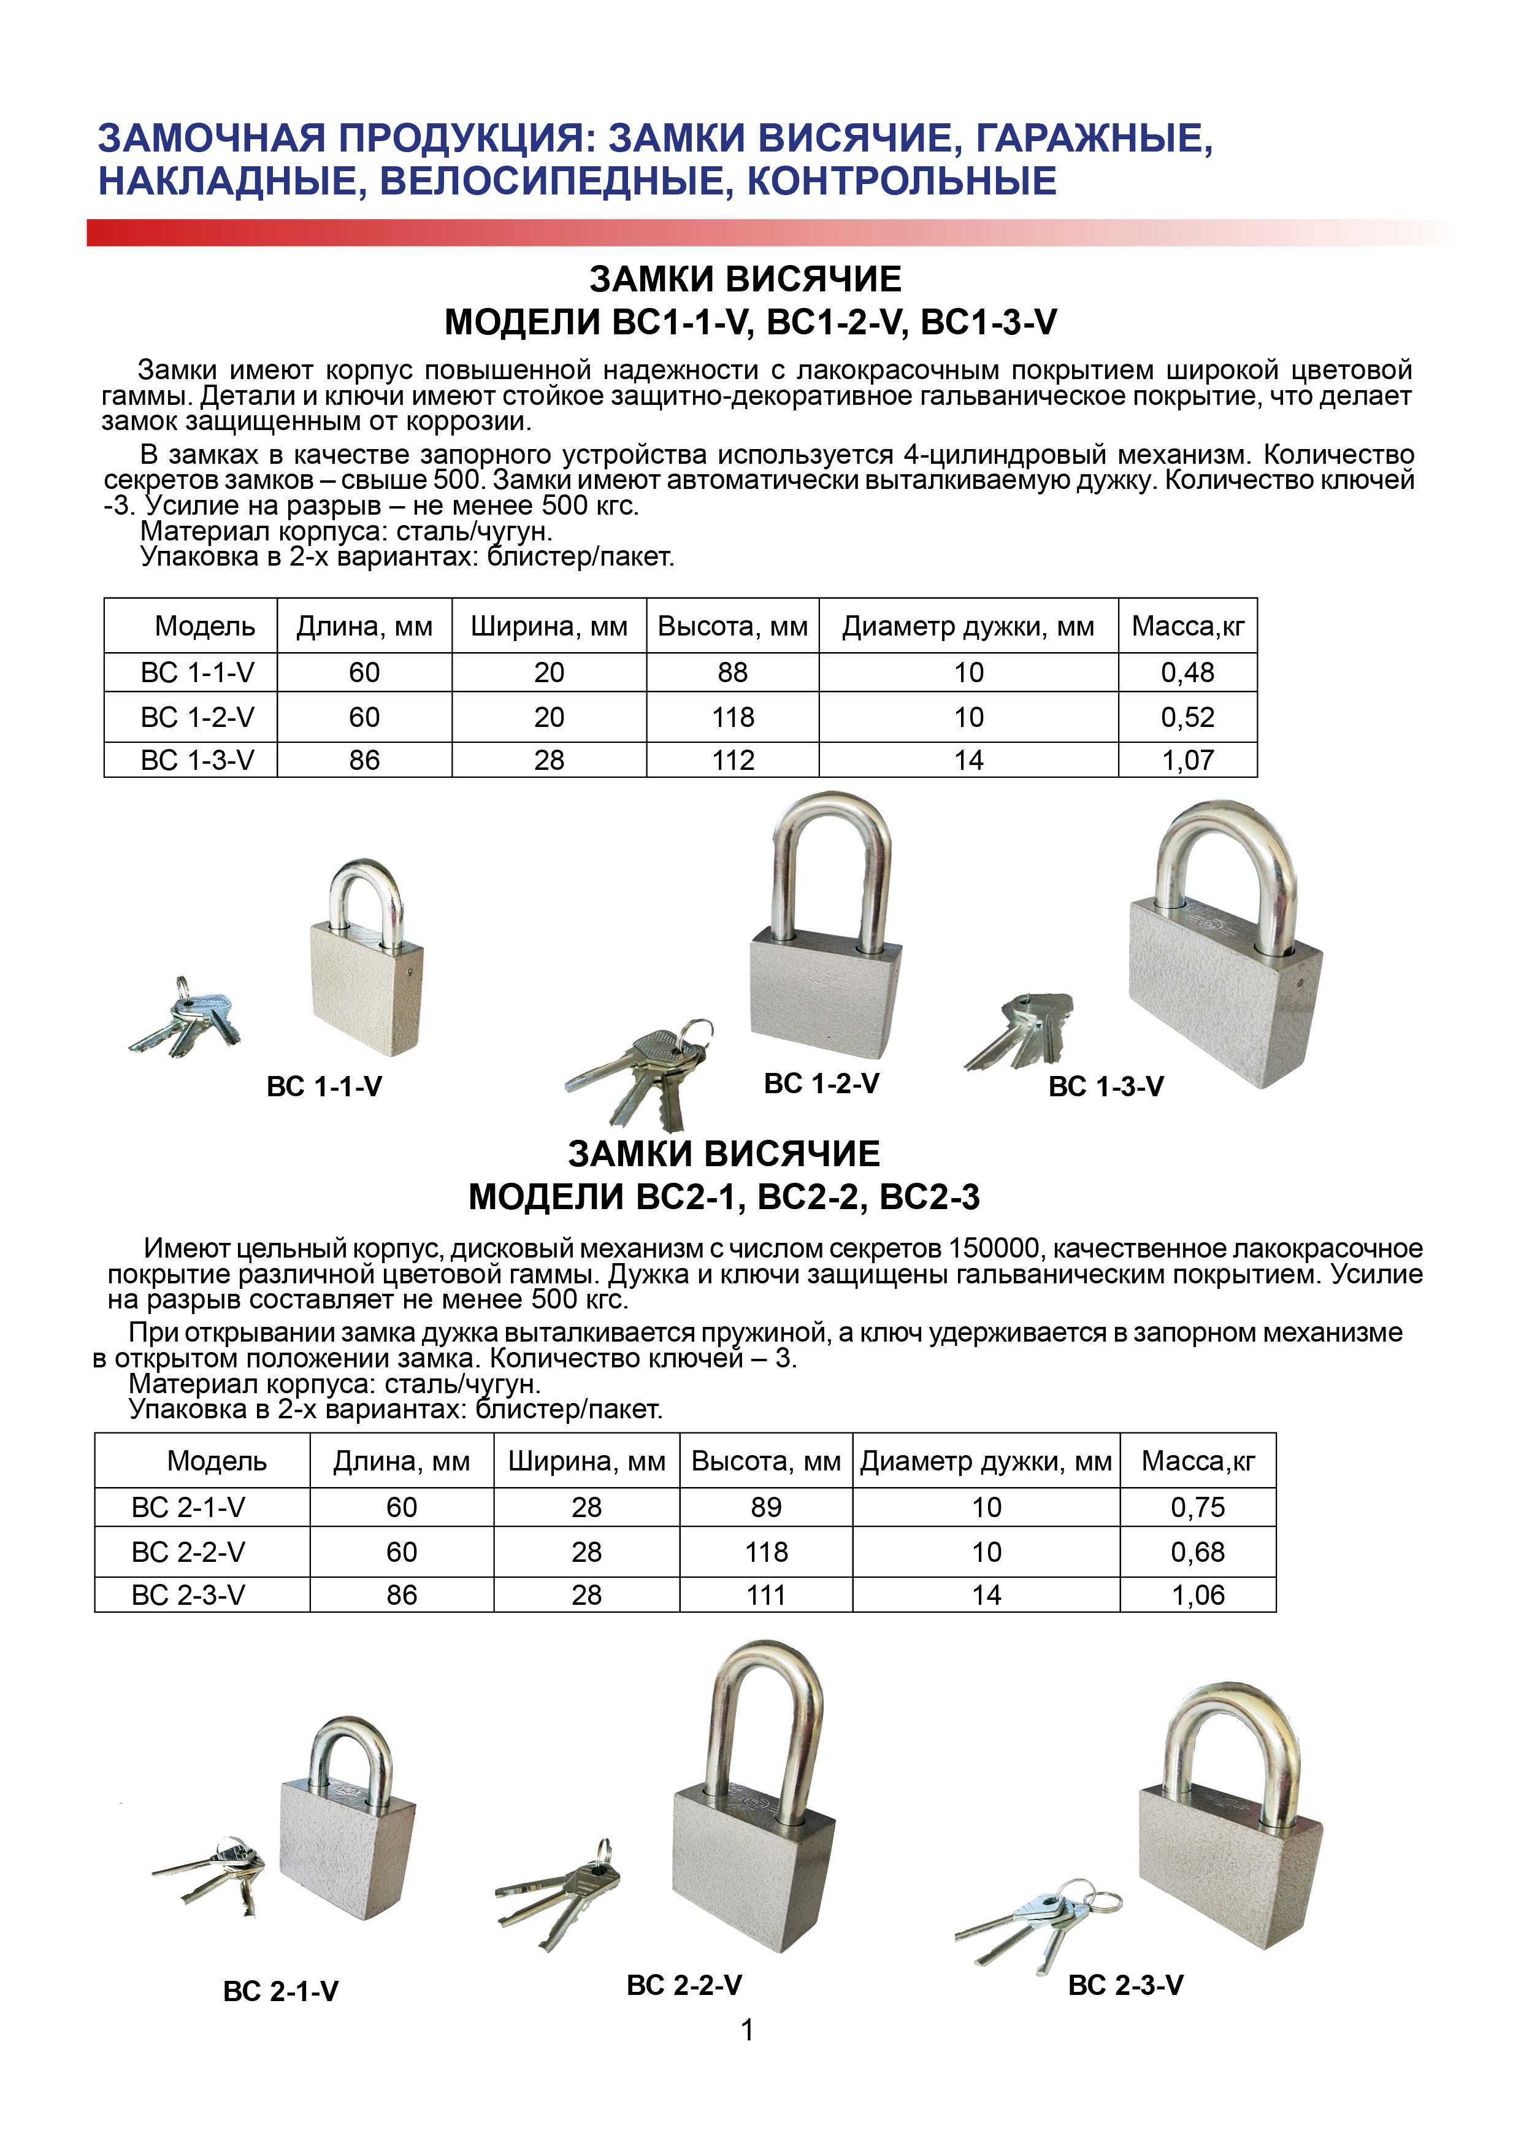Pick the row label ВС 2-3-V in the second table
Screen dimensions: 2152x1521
pyautogui.click(x=188, y=1594)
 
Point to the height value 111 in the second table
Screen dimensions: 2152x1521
pyautogui.click(x=765, y=1594)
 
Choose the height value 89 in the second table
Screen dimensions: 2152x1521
pyautogui.click(x=765, y=1507)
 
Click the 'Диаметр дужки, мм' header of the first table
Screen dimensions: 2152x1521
pyautogui.click(x=967, y=626)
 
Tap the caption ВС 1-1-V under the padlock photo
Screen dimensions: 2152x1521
pyautogui.click(x=324, y=1086)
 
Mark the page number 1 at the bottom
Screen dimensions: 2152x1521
pyautogui.click(x=747, y=2029)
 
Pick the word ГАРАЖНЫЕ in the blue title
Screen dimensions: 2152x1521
pyautogui.click(x=1094, y=139)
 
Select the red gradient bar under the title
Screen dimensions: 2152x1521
pyautogui.click(x=656, y=232)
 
